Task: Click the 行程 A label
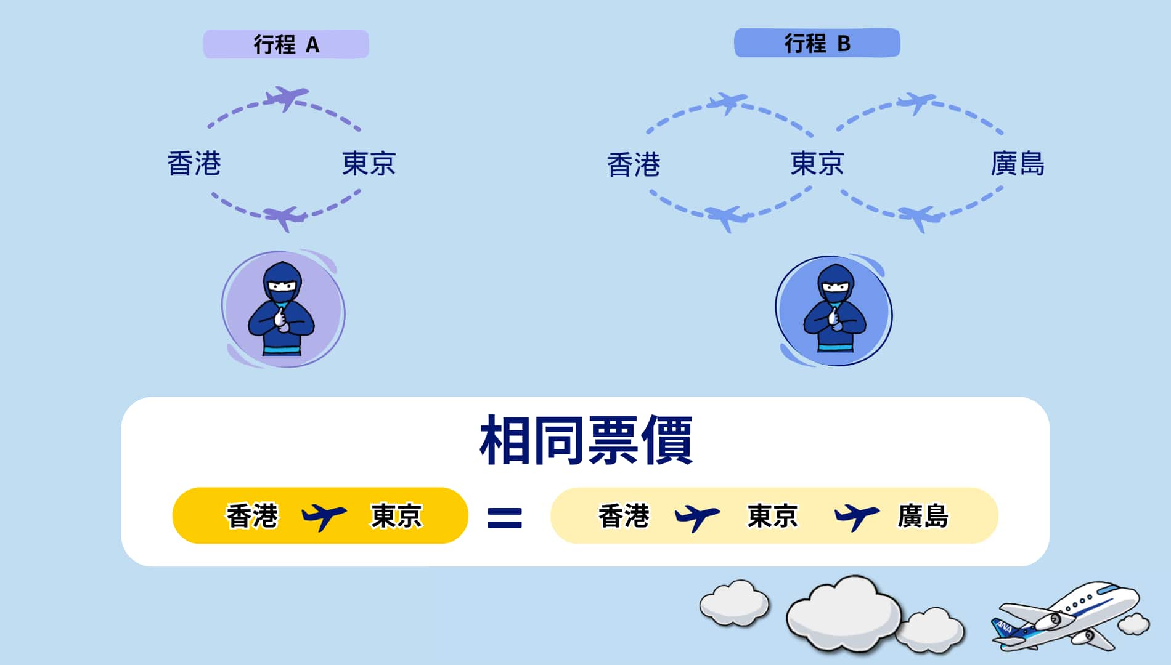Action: click(x=286, y=44)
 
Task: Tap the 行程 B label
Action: click(x=817, y=43)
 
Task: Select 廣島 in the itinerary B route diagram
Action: click(x=1017, y=164)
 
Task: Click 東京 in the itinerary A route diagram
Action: click(x=369, y=164)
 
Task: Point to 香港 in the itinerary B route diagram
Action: click(x=633, y=165)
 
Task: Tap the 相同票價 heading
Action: click(x=585, y=440)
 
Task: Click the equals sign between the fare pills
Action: click(x=505, y=518)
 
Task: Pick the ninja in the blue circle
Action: click(x=834, y=311)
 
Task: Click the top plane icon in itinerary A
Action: click(x=285, y=98)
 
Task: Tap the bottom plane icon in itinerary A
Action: click(x=284, y=217)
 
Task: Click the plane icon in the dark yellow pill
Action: click(x=324, y=516)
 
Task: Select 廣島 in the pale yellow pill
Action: click(x=923, y=516)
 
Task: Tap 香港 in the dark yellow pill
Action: click(x=252, y=516)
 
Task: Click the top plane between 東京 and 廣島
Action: click(x=916, y=102)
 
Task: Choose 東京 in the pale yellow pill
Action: click(x=772, y=516)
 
